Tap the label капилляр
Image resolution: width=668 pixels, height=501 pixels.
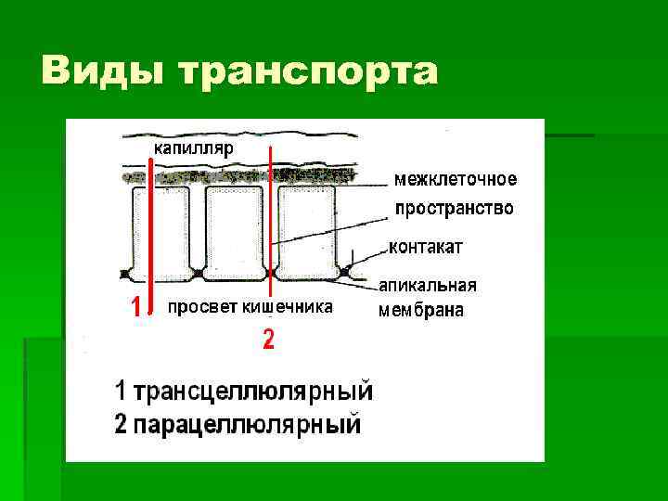[x=194, y=148]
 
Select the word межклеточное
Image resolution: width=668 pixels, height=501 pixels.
[x=456, y=179]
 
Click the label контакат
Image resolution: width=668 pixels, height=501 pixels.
[x=426, y=247]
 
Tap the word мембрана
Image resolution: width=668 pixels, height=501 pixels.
[x=421, y=311]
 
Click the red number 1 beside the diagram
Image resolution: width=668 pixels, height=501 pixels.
[x=135, y=307]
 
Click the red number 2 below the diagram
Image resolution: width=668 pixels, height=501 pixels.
[x=268, y=340]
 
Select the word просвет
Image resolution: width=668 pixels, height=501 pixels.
[x=199, y=307]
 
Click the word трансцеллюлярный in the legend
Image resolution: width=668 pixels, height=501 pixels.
[x=254, y=391]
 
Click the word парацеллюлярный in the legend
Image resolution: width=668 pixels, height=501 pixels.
[x=249, y=426]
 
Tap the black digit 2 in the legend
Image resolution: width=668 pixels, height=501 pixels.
[x=122, y=426]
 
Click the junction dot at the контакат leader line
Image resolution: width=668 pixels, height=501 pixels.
[x=345, y=272]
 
